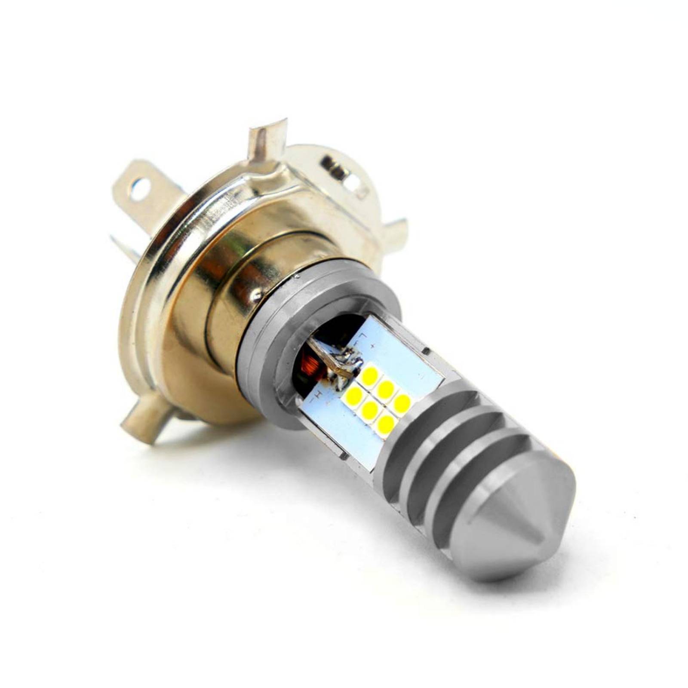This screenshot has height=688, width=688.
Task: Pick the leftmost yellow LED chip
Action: [354, 393]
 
